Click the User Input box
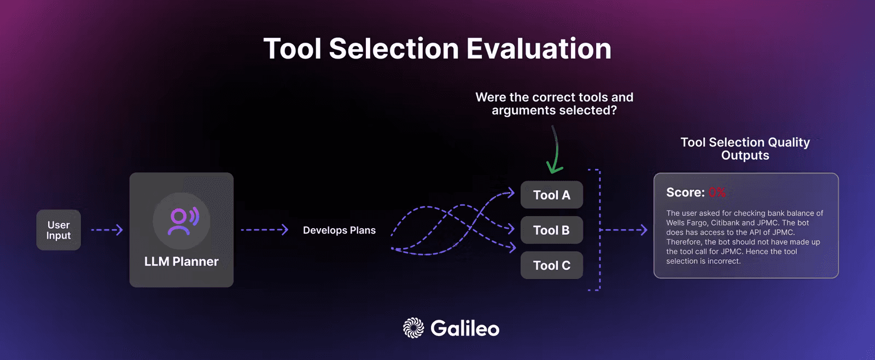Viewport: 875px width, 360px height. pyautogui.click(x=59, y=230)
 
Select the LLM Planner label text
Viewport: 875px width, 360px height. pyautogui.click(x=181, y=262)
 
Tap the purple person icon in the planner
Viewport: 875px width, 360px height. pyautogui.click(x=183, y=221)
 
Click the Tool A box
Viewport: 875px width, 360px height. pyautogui.click(x=552, y=195)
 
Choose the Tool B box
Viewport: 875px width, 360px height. pyautogui.click(x=552, y=230)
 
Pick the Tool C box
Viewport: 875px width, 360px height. pyautogui.click(x=552, y=265)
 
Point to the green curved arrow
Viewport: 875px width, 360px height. pyautogui.click(x=556, y=150)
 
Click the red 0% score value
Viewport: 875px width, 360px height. pyautogui.click(x=717, y=193)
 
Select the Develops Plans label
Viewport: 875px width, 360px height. pyautogui.click(x=339, y=230)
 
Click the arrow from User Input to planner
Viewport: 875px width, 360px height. pyautogui.click(x=107, y=230)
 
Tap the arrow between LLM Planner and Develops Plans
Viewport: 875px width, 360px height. pyautogui.click(x=265, y=230)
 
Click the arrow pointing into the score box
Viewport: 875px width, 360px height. pyautogui.click(x=623, y=230)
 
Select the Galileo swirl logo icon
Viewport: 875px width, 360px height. pyautogui.click(x=413, y=328)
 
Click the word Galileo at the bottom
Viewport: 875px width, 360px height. pyautogui.click(x=465, y=328)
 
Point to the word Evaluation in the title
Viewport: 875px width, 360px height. pyautogui.click(x=539, y=49)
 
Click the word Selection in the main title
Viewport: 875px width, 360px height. pyautogui.click(x=394, y=49)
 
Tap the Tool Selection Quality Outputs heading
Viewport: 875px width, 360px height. pyautogui.click(x=745, y=148)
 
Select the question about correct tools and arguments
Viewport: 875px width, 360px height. pyautogui.click(x=555, y=103)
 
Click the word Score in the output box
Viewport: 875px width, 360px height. pyautogui.click(x=685, y=193)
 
